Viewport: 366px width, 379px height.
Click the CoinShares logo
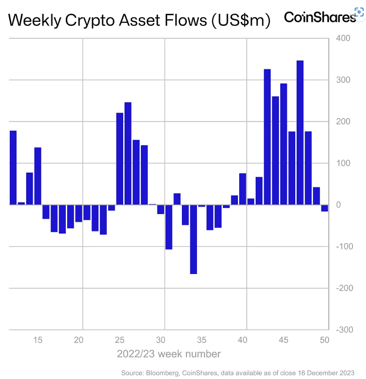[x=319, y=17]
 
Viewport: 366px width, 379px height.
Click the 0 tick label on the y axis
[x=338, y=205]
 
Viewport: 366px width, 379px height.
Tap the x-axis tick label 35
[x=201, y=340]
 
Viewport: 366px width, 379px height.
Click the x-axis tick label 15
[x=38, y=340]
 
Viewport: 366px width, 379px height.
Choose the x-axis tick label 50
[x=324, y=340]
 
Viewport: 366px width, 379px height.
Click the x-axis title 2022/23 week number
[x=169, y=354]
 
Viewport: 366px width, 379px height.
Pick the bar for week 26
[x=128, y=153]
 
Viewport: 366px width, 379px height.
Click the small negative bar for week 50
[x=325, y=208]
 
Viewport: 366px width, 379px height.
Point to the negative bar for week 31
[x=169, y=227]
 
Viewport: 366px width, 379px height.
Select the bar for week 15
[x=38, y=176]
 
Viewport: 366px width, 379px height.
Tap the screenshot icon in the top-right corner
[x=359, y=12]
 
